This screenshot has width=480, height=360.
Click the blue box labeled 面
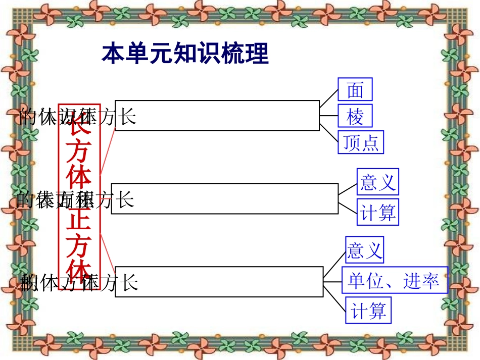click(x=355, y=89)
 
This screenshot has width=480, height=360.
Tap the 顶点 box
click(x=361, y=142)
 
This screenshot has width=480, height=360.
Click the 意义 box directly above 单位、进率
click(x=364, y=249)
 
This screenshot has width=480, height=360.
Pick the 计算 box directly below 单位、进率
click(x=368, y=310)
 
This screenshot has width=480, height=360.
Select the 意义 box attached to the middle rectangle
click(x=377, y=181)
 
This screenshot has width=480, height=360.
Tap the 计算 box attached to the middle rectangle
click(x=377, y=212)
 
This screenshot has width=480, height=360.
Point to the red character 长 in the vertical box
click(x=79, y=125)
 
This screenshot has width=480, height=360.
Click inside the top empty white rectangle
click(x=217, y=115)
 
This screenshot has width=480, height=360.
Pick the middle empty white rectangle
click(x=225, y=198)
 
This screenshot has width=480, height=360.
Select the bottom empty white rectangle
click(x=219, y=282)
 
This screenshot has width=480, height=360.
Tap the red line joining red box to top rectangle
click(x=108, y=151)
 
